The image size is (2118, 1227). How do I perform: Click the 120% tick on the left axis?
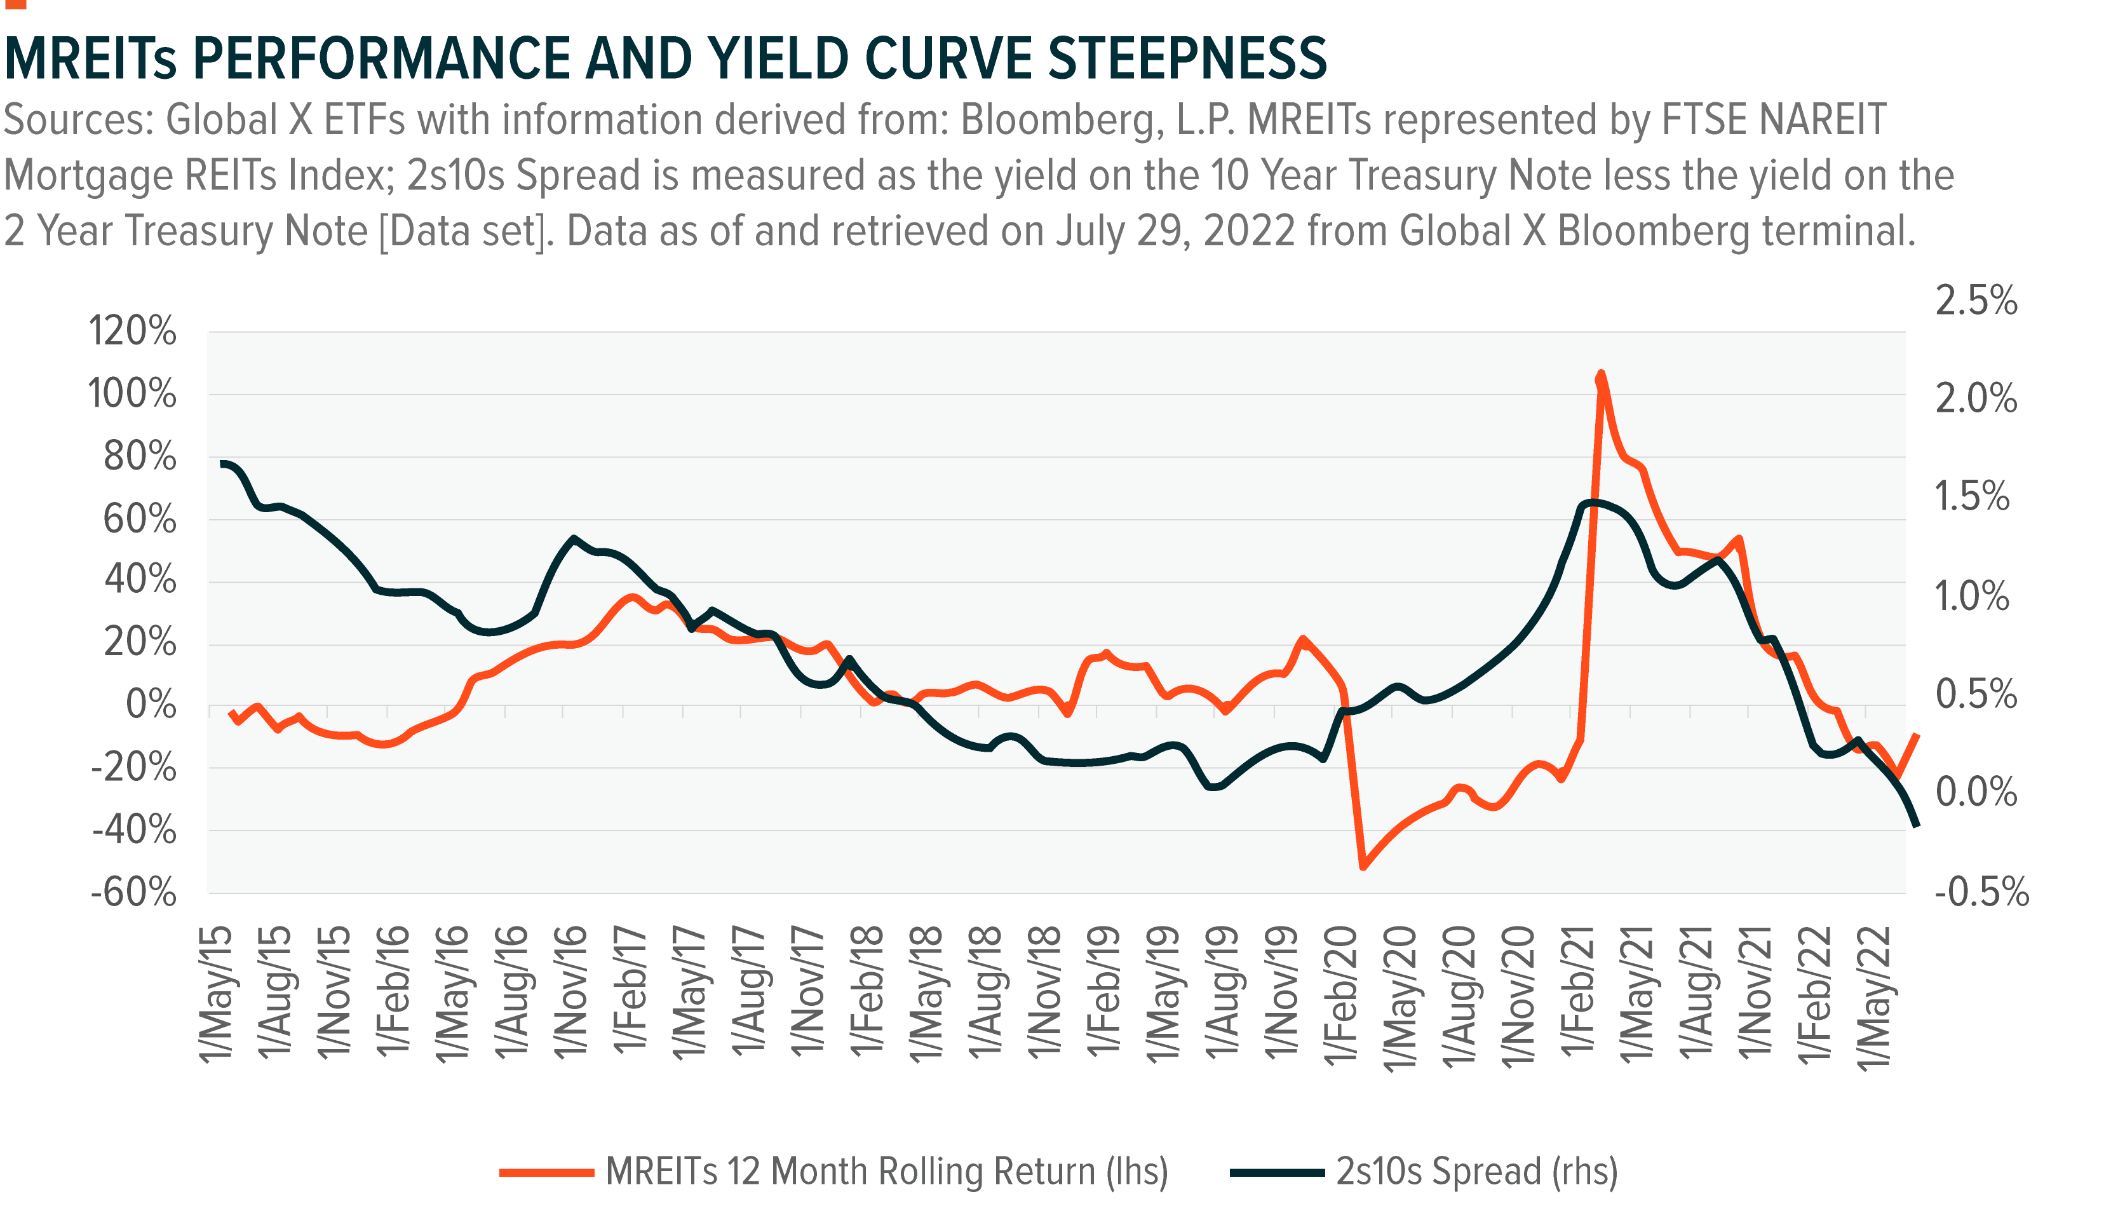click(x=133, y=332)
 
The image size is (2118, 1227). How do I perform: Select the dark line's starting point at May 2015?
click(x=223, y=463)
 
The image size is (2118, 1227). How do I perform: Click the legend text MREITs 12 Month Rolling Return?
click(x=887, y=1172)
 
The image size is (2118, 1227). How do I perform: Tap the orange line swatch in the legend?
click(x=546, y=1172)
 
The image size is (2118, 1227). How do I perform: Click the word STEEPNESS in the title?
click(x=1187, y=59)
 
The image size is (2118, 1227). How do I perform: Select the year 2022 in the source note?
click(x=1249, y=231)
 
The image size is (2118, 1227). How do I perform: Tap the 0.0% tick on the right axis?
click(x=1975, y=792)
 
